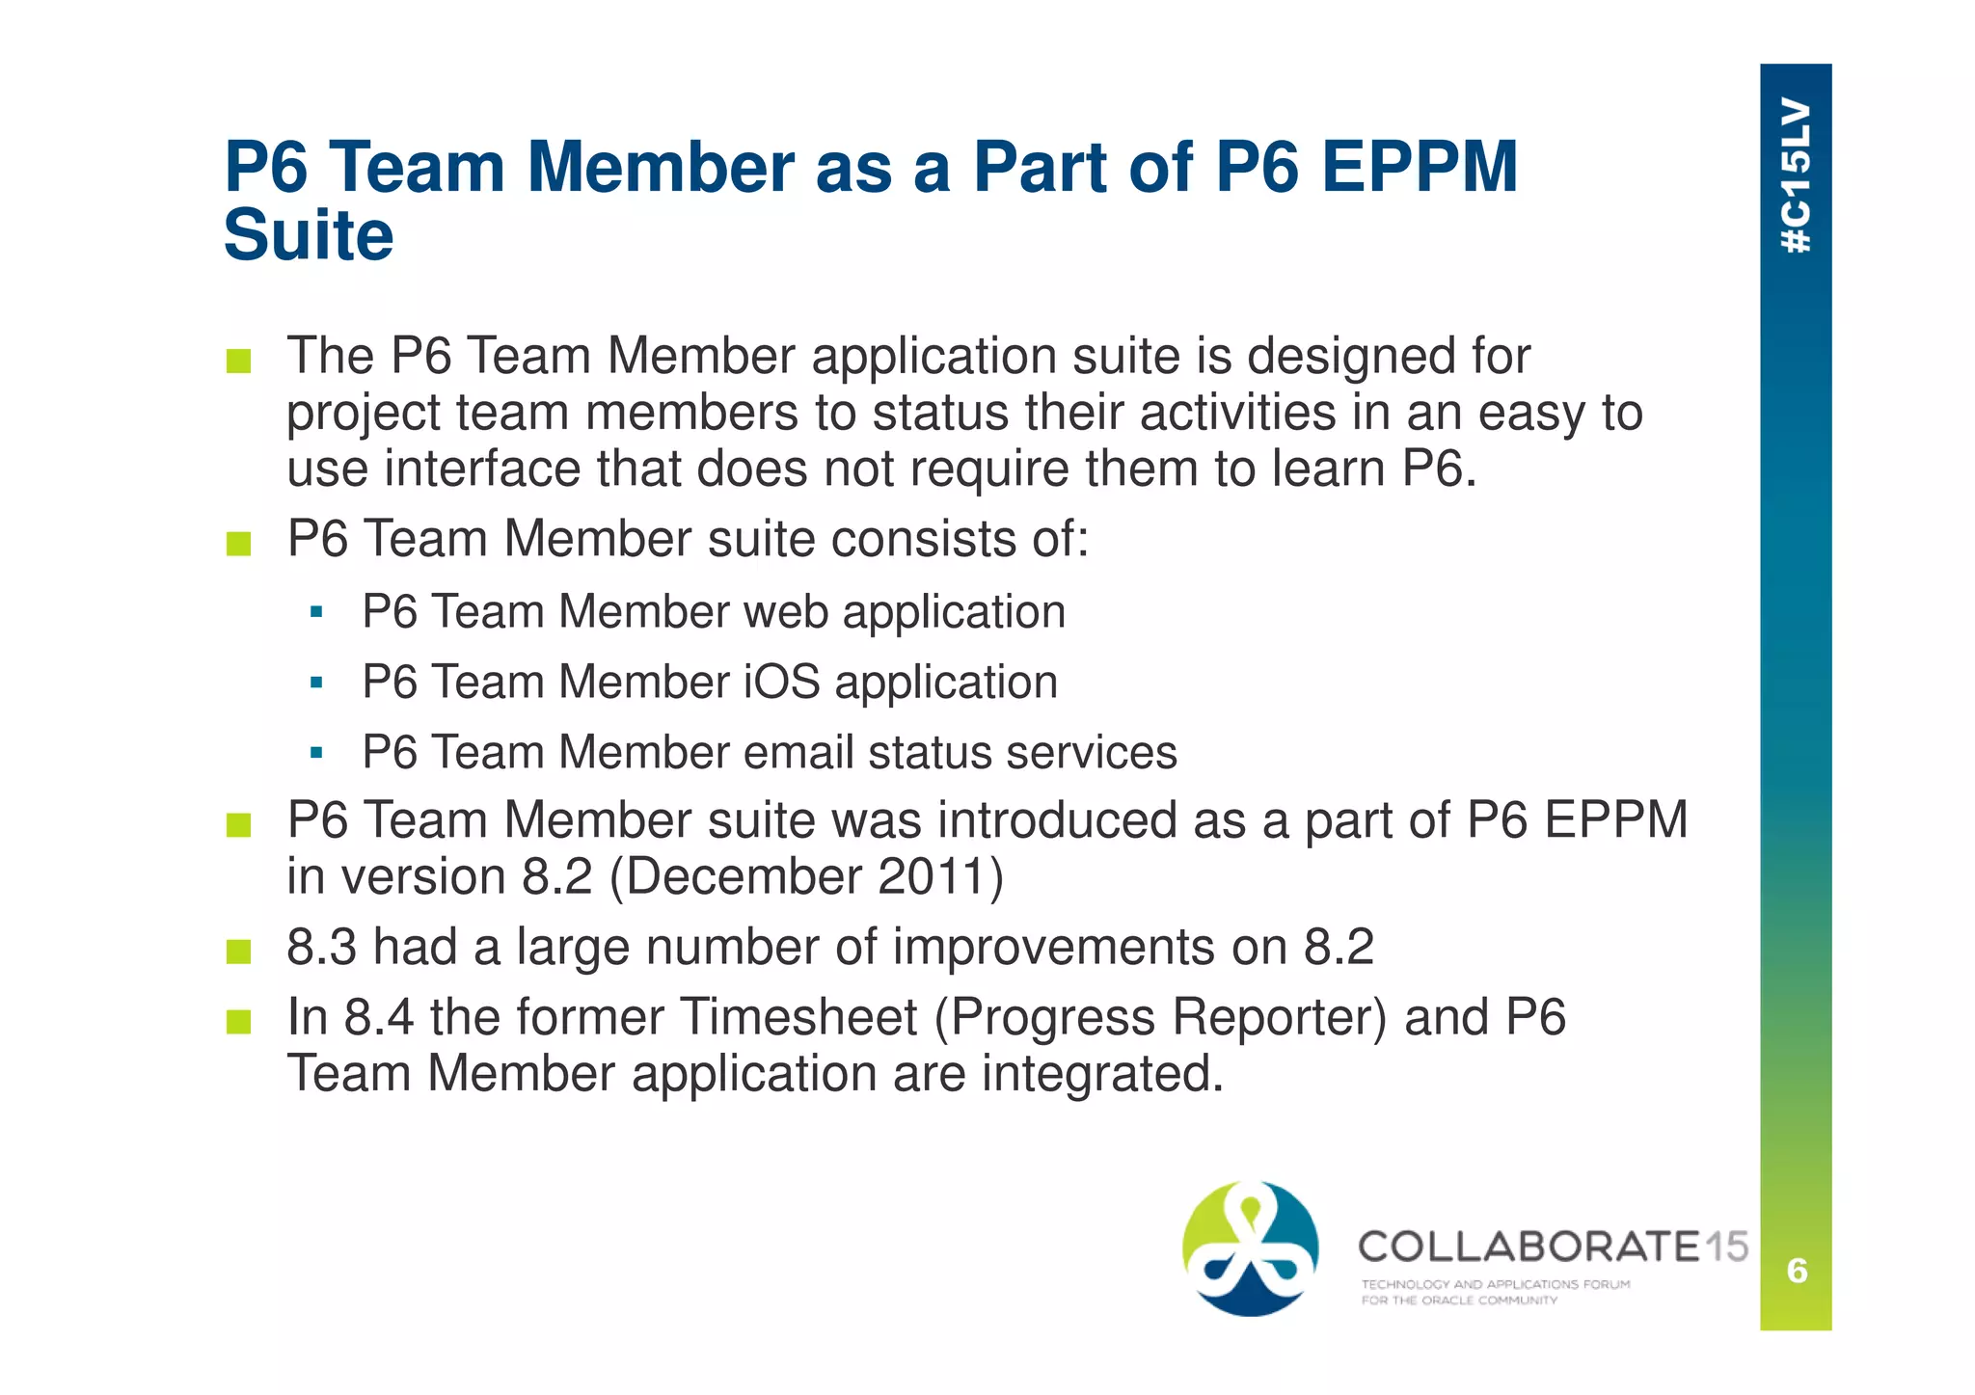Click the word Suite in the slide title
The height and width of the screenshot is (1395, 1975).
coord(309,235)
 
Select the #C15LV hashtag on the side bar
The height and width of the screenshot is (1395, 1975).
coord(1796,175)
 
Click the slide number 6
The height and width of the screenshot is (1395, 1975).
coord(1797,1271)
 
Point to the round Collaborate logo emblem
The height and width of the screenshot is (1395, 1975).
coord(1250,1248)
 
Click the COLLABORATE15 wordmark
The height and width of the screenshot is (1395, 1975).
coord(1553,1247)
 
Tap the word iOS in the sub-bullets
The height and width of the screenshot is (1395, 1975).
coord(781,683)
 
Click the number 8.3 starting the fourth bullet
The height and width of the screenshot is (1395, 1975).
coord(322,947)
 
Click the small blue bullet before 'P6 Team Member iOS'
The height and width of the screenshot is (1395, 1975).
coord(316,683)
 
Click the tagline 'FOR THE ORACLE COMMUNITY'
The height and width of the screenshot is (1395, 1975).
coord(1459,1301)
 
